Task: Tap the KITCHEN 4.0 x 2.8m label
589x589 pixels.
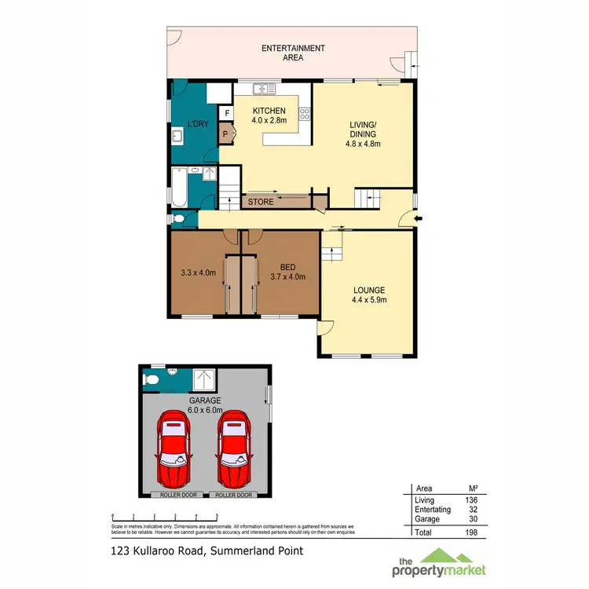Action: pos(268,115)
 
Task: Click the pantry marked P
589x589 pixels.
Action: pos(226,134)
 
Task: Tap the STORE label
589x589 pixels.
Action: pos(261,202)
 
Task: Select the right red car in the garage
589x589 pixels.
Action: pos(235,451)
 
